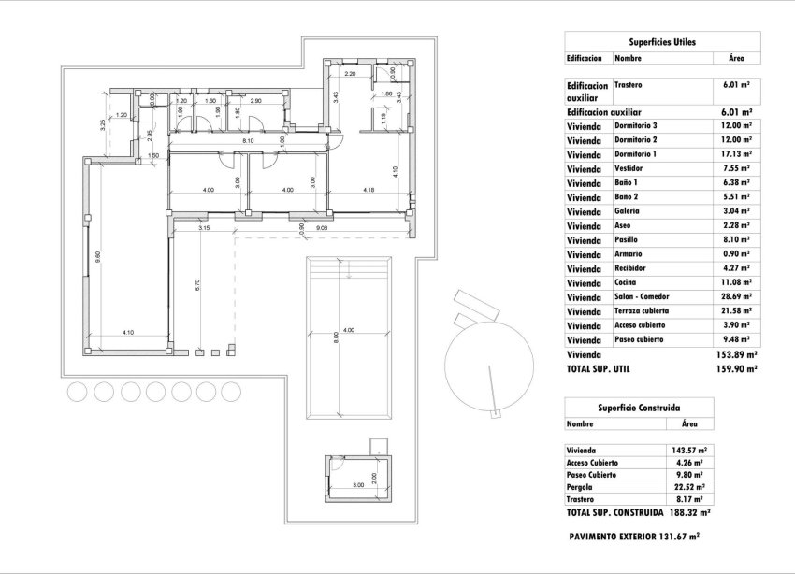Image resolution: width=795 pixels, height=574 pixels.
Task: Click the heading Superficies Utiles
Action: click(662, 42)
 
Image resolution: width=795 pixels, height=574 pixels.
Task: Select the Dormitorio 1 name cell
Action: click(636, 153)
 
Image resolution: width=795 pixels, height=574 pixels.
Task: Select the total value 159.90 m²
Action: click(736, 369)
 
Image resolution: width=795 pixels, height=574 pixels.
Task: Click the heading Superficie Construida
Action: click(639, 408)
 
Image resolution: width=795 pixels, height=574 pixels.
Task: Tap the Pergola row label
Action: click(581, 487)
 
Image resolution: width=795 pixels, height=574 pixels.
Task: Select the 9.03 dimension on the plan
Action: click(321, 227)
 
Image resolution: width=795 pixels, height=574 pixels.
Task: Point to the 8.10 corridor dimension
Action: click(248, 141)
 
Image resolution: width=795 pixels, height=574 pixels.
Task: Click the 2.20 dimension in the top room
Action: click(351, 73)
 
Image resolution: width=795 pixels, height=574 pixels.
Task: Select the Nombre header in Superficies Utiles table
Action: click(628, 58)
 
